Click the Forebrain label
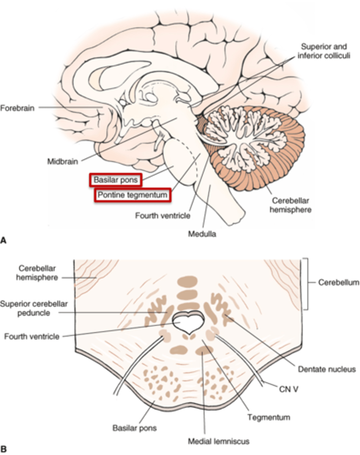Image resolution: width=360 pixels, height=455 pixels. [x=17, y=108]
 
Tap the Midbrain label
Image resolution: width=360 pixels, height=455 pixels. [x=63, y=162]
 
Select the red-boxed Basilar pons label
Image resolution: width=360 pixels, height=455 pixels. [x=116, y=180]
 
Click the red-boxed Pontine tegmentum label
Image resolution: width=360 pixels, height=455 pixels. [x=132, y=195]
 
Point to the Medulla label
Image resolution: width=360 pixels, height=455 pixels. [x=202, y=234]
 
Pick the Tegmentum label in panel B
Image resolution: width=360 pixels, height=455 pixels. [x=269, y=417]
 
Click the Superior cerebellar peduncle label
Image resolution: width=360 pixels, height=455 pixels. [x=34, y=308]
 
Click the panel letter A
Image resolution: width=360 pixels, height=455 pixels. [x=4, y=240]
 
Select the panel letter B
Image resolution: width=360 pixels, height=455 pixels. [x=4, y=450]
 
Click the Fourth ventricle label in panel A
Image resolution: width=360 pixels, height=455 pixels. [x=163, y=216]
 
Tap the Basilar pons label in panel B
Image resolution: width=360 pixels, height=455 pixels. [x=135, y=429]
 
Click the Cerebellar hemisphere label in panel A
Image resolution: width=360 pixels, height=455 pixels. [x=290, y=205]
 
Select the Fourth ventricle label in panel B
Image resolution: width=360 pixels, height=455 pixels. [x=32, y=336]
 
